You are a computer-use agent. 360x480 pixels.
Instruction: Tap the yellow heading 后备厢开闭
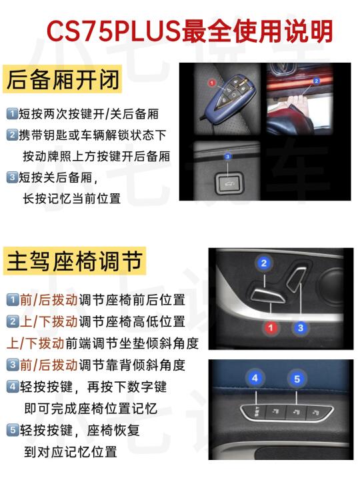coord(63,79)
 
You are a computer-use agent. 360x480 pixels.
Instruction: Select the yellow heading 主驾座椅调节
coord(75,261)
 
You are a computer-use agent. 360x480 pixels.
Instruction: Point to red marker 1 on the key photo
coord(212,83)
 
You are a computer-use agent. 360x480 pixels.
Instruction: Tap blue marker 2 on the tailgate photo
coord(316,81)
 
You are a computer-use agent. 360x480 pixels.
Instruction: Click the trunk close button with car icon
coord(229,184)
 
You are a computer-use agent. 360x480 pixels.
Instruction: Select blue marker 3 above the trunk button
coord(227,157)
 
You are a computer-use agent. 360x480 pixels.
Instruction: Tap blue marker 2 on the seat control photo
coord(264,263)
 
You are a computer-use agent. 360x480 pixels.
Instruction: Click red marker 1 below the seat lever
coord(271,328)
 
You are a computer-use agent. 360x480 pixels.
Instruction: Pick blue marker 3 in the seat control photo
coord(300,328)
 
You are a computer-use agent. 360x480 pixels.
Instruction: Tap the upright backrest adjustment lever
coord(296,279)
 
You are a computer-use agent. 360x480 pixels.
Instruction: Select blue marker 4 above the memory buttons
coord(255,378)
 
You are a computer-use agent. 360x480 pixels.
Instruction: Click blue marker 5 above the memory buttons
coord(297,379)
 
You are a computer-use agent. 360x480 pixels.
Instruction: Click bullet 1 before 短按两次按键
coord(12,113)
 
